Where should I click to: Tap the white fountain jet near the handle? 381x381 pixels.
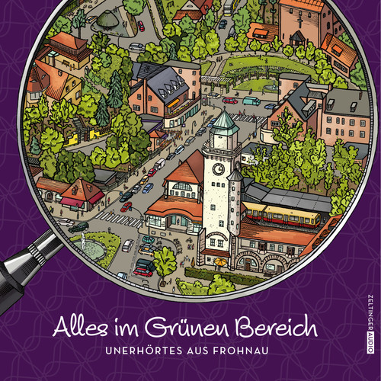tap(82, 240)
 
